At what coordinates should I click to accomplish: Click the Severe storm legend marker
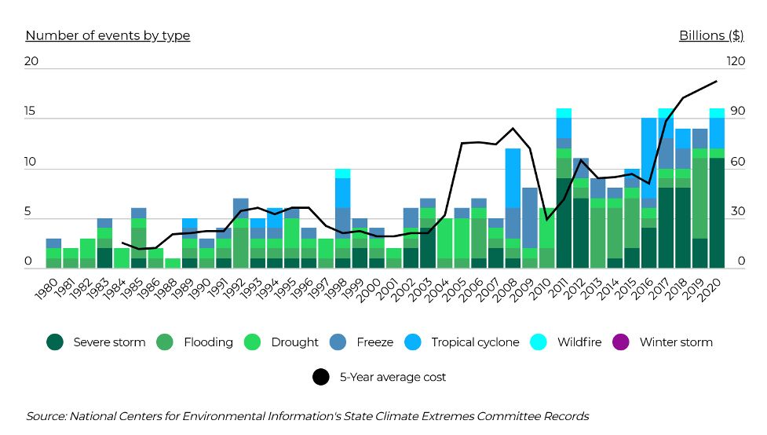click(x=55, y=342)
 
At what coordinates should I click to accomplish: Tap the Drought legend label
click(x=294, y=342)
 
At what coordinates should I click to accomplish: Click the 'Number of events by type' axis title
click(x=108, y=35)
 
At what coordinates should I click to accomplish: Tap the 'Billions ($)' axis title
click(x=711, y=35)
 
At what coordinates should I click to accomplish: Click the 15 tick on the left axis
click(x=31, y=111)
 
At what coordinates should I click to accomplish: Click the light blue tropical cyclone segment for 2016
click(x=649, y=157)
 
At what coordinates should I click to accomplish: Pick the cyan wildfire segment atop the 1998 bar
click(x=341, y=173)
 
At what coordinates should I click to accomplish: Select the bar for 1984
click(x=122, y=258)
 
